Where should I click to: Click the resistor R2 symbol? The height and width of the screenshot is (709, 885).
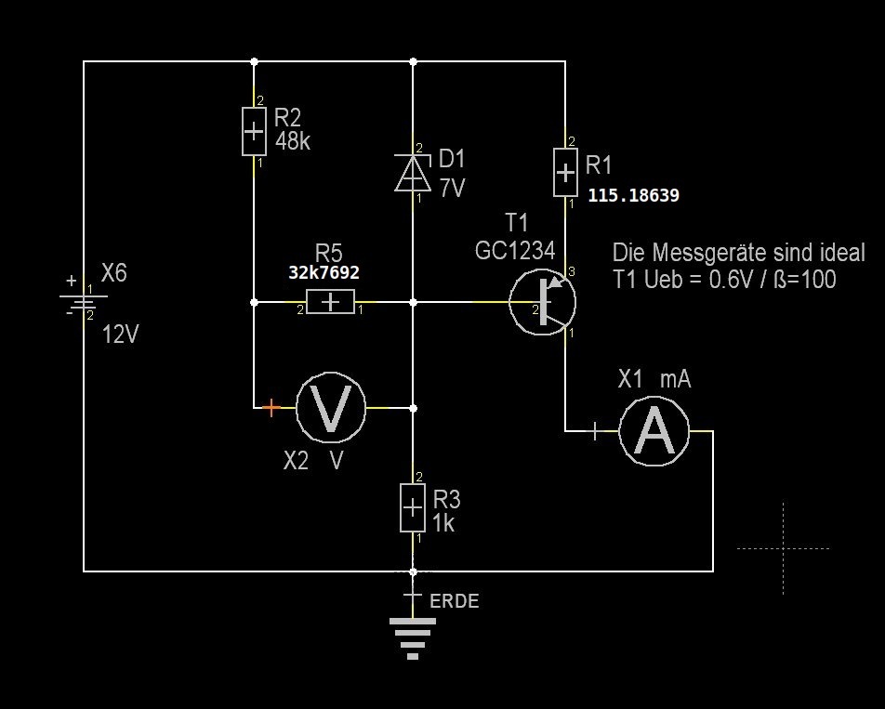(x=254, y=131)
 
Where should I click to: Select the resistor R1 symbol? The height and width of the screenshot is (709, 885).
(x=564, y=172)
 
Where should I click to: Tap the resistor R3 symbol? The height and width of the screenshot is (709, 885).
(x=413, y=507)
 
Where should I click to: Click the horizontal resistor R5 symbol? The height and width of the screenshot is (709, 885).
(x=330, y=302)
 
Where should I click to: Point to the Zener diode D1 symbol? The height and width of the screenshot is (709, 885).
(x=413, y=173)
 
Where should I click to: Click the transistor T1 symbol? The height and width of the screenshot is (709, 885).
(x=543, y=302)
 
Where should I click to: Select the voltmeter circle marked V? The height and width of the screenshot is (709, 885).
(x=331, y=408)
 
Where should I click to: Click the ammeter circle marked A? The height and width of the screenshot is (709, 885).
(x=655, y=431)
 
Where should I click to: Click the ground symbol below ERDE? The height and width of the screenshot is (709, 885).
(x=413, y=637)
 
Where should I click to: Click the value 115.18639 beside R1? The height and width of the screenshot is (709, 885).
(x=633, y=196)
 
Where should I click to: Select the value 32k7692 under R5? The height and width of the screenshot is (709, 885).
(x=324, y=274)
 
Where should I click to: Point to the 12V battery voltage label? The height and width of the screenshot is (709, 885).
(x=120, y=335)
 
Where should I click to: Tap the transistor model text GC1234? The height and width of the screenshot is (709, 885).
(x=515, y=251)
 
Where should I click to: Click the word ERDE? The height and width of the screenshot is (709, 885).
(x=455, y=601)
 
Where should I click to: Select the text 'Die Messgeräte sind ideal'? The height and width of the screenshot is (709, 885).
(x=738, y=253)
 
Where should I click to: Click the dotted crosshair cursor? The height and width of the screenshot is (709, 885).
(x=783, y=548)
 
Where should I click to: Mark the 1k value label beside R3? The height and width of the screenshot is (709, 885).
(x=444, y=524)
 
